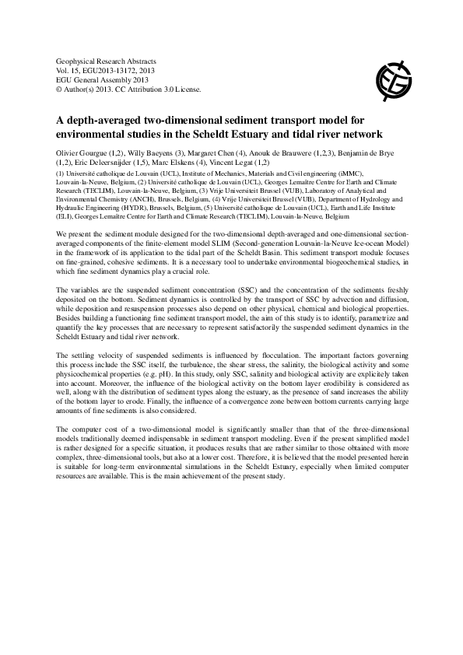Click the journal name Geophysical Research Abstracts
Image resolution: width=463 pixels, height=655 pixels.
click(107, 60)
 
